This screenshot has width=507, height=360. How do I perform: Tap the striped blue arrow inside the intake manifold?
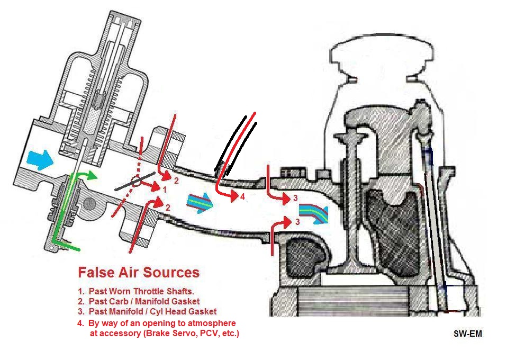[199, 202]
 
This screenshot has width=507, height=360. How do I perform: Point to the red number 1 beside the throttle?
[165, 189]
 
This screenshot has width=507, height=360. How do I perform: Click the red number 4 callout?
[242, 197]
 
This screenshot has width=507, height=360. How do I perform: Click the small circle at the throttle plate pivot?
[136, 181]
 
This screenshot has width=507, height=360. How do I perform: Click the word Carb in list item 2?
[120, 301]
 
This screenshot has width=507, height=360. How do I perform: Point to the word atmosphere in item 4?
[209, 323]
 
